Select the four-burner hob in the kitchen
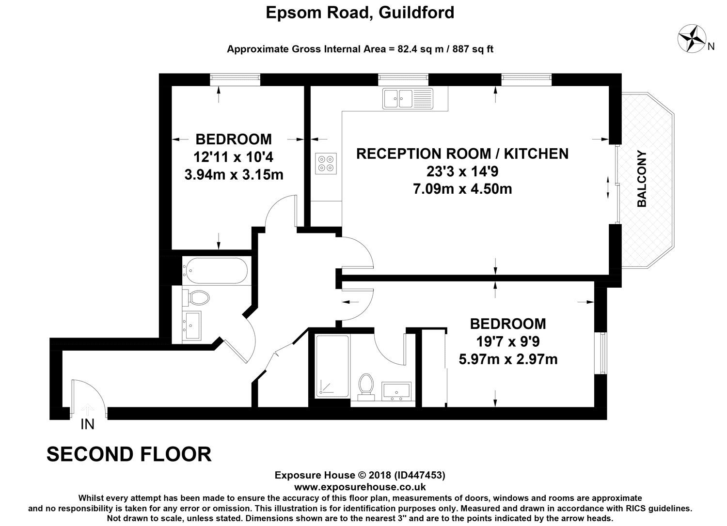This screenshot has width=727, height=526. click(x=326, y=162)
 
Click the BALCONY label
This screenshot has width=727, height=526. click(x=642, y=179)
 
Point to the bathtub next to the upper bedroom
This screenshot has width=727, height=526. click(x=215, y=270)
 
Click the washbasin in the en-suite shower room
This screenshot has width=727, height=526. click(x=396, y=391)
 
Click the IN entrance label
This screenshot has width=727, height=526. click(x=87, y=425)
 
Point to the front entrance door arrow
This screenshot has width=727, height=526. click(x=87, y=408)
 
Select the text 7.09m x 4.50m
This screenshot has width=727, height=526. click(x=462, y=188)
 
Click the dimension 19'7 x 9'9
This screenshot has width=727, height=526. click(x=508, y=342)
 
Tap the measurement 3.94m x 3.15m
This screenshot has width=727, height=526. click(x=234, y=174)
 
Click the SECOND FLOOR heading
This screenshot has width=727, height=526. click(x=129, y=454)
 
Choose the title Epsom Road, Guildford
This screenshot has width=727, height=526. click(x=360, y=12)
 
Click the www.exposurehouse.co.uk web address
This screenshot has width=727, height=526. click(x=360, y=487)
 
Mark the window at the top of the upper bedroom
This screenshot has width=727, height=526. click(x=235, y=79)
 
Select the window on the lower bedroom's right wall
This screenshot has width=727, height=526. click(x=601, y=353)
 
